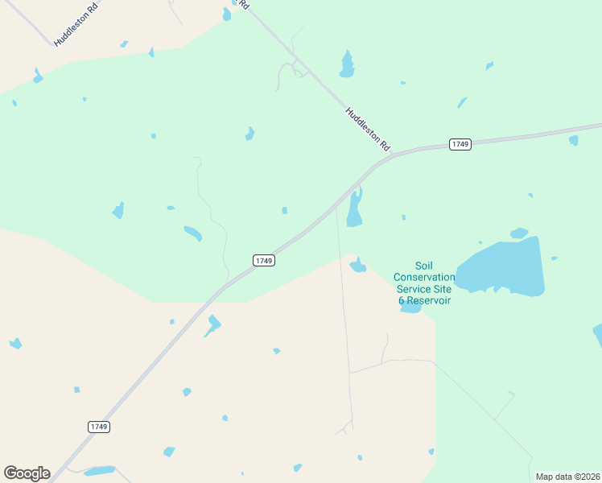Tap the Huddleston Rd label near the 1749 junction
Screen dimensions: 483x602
[x=367, y=130]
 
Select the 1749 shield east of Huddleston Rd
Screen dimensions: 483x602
[x=460, y=144]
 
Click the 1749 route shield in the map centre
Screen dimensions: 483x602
[x=264, y=260]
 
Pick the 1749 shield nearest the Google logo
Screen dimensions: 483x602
[x=99, y=426]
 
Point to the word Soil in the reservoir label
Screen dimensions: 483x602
[x=424, y=266]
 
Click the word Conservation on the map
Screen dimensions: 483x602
[x=424, y=277]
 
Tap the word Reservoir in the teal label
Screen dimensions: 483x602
[x=429, y=300]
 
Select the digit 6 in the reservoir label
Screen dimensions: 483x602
[x=402, y=300]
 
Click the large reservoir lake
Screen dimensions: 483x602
[x=502, y=266]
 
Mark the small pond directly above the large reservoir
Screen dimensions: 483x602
[x=519, y=233]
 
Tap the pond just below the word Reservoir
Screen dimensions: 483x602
[x=411, y=308]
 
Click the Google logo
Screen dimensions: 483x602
[x=27, y=473]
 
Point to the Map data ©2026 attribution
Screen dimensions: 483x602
[x=567, y=477]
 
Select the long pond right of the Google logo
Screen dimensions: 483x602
[x=100, y=470]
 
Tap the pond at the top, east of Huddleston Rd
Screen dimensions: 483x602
[x=347, y=65]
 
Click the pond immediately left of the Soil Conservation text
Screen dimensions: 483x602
[x=357, y=265]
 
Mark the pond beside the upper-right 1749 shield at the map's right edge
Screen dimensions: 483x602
[x=574, y=140]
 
